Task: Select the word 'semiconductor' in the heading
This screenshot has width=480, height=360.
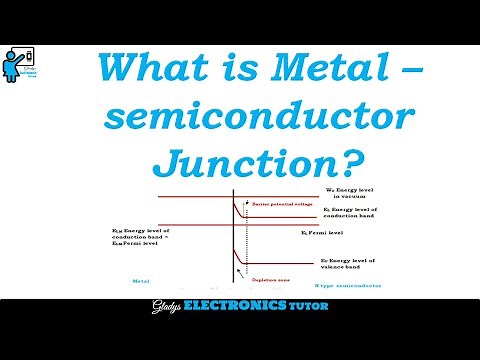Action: pyautogui.click(x=256, y=118)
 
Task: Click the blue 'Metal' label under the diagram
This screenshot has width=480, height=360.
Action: pyautogui.click(x=125, y=283)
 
